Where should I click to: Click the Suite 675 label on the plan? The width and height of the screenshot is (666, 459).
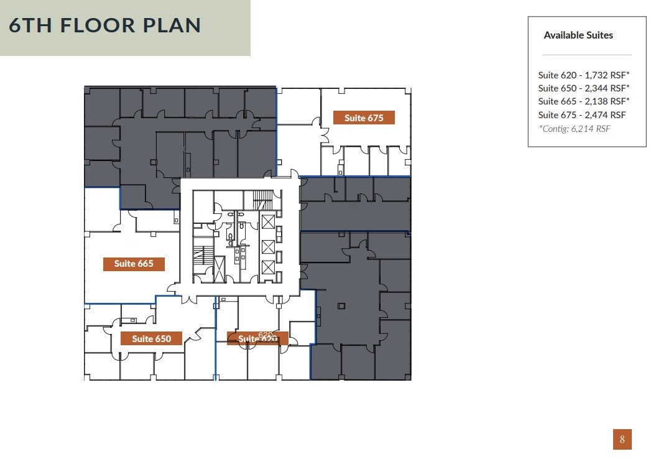(x=364, y=118)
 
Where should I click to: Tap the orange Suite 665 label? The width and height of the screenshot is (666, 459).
(x=134, y=264)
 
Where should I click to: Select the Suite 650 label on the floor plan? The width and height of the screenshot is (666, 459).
(x=151, y=338)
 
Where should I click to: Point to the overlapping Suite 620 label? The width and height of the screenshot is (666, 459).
(x=257, y=338)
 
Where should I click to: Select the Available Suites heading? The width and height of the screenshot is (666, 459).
(x=578, y=35)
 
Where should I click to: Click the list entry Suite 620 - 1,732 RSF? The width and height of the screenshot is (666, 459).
(x=584, y=75)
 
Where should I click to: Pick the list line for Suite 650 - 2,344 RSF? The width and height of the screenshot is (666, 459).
(x=584, y=88)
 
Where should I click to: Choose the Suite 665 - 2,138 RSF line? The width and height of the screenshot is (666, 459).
(x=584, y=101)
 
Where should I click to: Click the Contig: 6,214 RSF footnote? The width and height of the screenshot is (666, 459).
(x=575, y=129)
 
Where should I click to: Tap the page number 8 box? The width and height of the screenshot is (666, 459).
(x=622, y=439)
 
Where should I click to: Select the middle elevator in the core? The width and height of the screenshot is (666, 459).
(x=268, y=246)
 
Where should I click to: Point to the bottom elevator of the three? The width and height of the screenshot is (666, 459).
(x=268, y=267)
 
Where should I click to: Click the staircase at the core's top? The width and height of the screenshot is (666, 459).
(x=262, y=200)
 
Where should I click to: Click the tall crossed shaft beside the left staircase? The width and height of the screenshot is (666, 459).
(x=220, y=269)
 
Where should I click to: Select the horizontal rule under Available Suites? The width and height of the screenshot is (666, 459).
(x=586, y=55)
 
